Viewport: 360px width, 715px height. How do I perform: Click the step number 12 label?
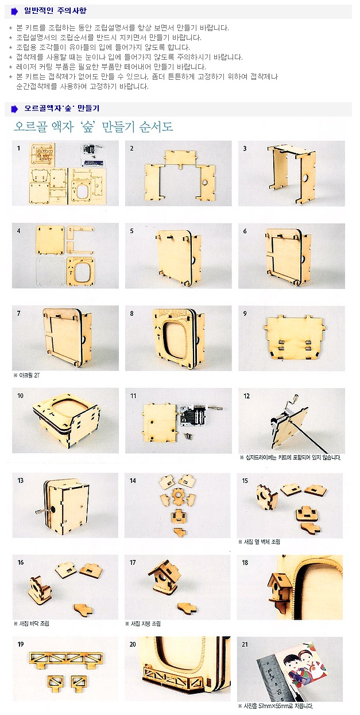click(x=246, y=396)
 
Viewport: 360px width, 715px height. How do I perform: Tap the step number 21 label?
click(x=245, y=644)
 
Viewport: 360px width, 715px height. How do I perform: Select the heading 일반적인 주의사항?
click(x=55, y=10)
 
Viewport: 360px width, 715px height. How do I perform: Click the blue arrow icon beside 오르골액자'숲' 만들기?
click(x=14, y=109)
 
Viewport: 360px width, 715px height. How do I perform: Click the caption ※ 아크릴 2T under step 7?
click(x=27, y=376)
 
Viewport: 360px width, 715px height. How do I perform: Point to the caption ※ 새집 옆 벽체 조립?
click(x=259, y=542)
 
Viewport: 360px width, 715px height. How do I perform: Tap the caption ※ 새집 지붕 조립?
click(x=143, y=624)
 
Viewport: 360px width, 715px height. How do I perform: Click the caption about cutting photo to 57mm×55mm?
click(x=275, y=706)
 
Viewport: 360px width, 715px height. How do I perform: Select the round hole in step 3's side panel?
click(x=305, y=177)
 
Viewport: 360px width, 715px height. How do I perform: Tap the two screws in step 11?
click(x=187, y=435)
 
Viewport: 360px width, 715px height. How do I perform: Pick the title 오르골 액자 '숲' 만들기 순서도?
click(x=93, y=127)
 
